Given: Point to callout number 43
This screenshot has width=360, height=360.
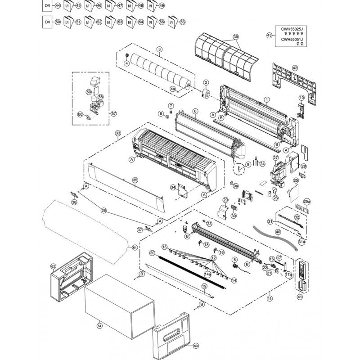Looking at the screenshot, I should pos(270,35).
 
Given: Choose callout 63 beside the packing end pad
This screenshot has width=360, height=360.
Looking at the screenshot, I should pos(196,346).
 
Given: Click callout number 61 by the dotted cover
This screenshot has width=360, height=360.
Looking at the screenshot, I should pos(135,247).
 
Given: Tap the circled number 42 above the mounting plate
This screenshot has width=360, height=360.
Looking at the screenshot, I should pos(295,68).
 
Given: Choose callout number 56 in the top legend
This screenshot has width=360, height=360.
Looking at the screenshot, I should pos(182,22).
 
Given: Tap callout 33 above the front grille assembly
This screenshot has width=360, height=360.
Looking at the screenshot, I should pos(118,133).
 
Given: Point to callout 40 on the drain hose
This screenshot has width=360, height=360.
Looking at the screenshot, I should pos(278,233).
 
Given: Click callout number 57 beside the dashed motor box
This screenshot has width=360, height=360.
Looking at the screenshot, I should pos(114,113).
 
